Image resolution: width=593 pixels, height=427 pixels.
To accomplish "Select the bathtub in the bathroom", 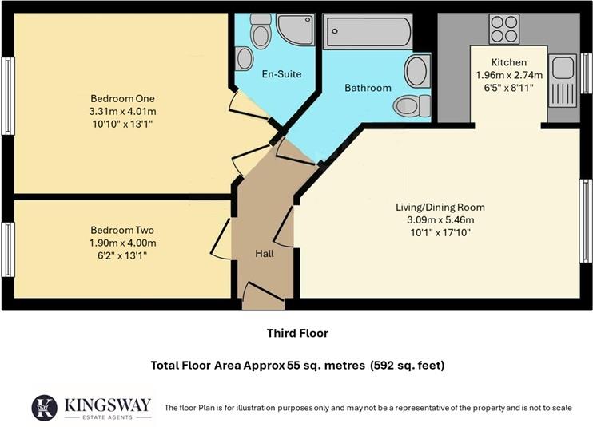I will pyautogui.click(x=367, y=34).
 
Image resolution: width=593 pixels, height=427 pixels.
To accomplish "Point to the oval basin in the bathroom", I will pyautogui.click(x=416, y=72).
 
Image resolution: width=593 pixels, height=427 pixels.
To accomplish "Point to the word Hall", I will pyautogui.click(x=264, y=253).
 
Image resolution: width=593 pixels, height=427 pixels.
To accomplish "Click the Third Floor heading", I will pyautogui.click(x=297, y=333).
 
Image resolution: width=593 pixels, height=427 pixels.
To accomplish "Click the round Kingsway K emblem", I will pyautogui.click(x=46, y=406).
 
